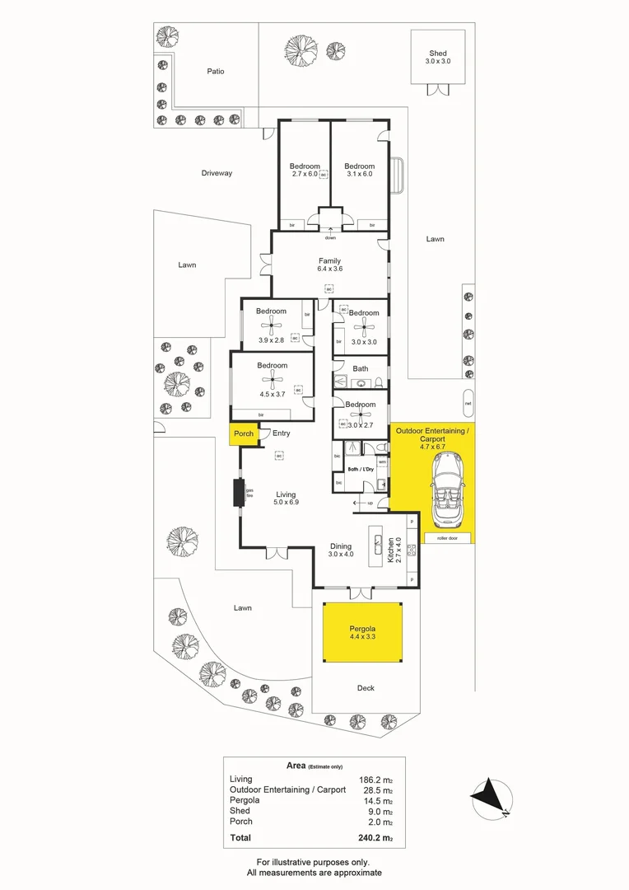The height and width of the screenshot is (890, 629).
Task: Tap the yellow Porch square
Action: point(244,434)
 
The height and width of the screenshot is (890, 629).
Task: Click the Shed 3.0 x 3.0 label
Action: point(437,56)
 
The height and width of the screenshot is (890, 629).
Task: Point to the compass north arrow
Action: point(491,797)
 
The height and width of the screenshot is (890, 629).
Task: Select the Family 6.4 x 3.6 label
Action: point(329,265)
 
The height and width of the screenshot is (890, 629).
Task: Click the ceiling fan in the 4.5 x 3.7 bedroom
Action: point(272,378)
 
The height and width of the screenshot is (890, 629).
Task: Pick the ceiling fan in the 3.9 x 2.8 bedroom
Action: point(270,326)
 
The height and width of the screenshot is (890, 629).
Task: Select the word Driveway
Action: point(217,173)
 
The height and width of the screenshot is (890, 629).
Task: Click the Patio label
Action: point(215,72)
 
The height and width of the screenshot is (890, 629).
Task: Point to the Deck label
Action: point(366,688)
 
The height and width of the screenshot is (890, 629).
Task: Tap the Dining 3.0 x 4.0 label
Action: point(341,550)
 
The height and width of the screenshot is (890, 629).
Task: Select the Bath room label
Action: point(361,368)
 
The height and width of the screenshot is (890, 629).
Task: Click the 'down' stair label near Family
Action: point(329,238)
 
